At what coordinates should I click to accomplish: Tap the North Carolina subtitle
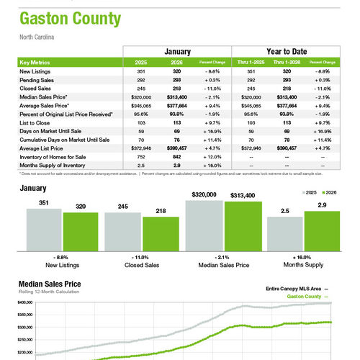point(37,36)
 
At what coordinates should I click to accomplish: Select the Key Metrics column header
point(35,63)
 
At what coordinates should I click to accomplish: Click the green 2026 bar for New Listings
point(81,230)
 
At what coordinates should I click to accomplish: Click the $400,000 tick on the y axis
point(24,302)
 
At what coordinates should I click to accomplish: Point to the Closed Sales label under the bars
point(141,265)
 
